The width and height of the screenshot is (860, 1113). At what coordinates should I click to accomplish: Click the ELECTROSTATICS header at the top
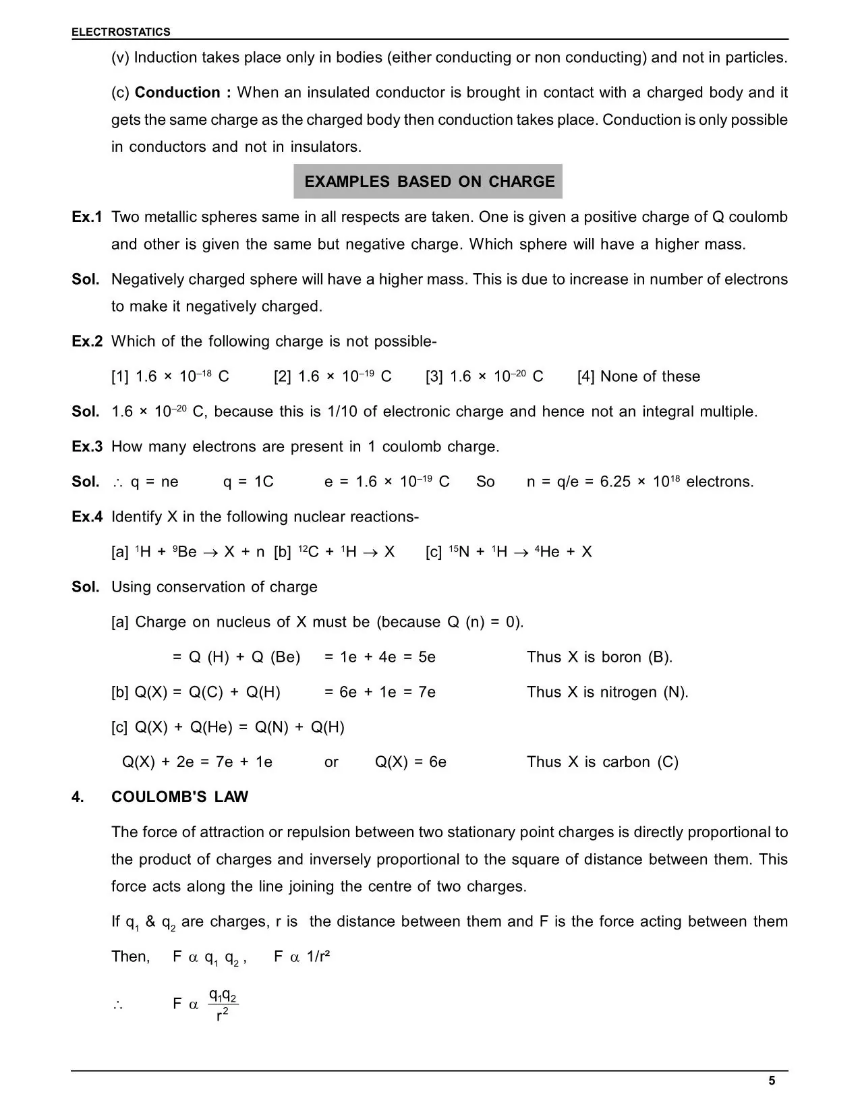point(121,32)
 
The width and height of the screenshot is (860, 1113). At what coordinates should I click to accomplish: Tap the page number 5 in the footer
point(772,1081)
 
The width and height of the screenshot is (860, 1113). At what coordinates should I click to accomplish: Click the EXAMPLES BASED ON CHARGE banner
point(429,181)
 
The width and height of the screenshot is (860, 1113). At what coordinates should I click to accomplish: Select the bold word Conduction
point(177,92)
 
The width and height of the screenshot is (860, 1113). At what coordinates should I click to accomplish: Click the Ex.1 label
point(87,217)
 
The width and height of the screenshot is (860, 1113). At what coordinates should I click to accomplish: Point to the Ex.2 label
point(87,341)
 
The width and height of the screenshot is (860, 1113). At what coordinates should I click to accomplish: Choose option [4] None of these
point(638,376)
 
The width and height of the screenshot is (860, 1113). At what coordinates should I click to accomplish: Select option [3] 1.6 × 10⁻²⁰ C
point(484,376)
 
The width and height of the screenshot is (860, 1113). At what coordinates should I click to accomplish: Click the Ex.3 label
point(87,447)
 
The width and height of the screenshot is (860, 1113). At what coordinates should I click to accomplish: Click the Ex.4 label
point(87,517)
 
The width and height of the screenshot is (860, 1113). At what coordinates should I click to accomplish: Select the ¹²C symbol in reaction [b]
point(308,552)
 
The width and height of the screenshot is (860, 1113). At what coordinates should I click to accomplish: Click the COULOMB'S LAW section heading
point(179,797)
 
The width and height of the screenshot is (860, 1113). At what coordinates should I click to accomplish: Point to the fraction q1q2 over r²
point(223,1004)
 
